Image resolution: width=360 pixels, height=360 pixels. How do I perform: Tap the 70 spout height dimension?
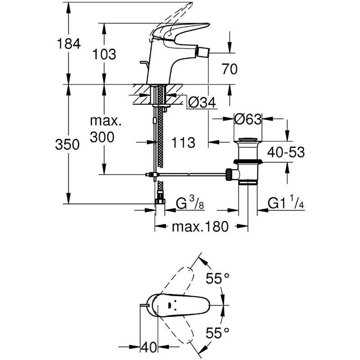(x=229, y=69)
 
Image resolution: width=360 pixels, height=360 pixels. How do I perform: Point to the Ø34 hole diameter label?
(x=201, y=103)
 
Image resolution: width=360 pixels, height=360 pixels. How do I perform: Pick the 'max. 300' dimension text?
(x=104, y=129)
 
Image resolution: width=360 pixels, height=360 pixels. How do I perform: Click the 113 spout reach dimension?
(x=183, y=143)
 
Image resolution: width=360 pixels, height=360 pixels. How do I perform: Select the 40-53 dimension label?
(x=285, y=152)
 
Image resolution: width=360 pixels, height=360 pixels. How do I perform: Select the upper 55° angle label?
(x=217, y=279)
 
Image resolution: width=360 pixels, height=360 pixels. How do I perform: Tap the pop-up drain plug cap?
(x=247, y=139)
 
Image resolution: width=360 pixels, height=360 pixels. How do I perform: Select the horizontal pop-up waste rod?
(x=189, y=174)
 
